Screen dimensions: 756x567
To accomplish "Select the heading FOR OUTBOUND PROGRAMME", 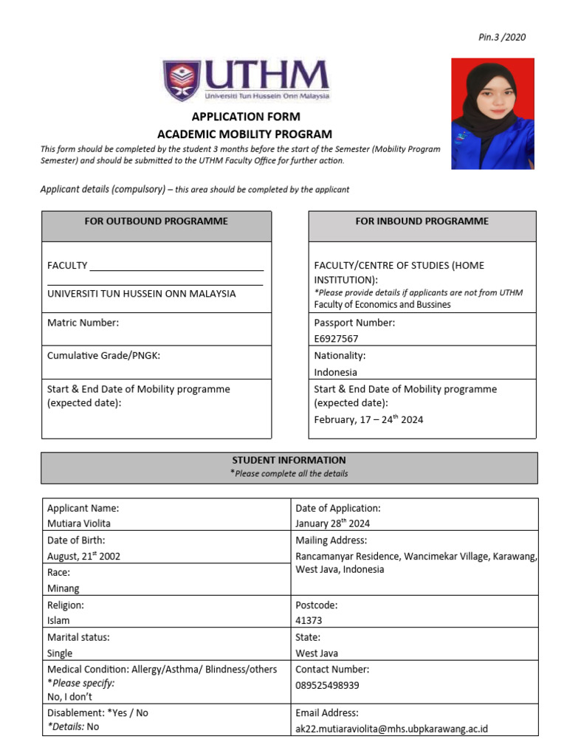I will click(x=157, y=221).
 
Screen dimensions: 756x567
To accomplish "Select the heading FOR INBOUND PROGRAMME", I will click(x=422, y=221).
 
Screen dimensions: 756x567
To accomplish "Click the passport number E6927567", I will click(x=337, y=339).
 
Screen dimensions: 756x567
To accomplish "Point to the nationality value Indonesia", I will click(x=335, y=372).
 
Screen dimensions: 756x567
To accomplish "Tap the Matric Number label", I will click(x=83, y=323).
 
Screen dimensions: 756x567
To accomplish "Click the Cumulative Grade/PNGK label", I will click(x=103, y=356).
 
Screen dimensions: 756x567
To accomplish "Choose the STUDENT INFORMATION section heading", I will click(x=289, y=460).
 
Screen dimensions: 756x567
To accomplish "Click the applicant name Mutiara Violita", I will click(x=79, y=523).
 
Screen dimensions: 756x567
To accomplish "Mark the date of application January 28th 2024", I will click(x=332, y=523).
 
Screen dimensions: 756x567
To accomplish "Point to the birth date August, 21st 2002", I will click(x=83, y=556).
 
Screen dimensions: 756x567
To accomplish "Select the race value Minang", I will click(x=63, y=588).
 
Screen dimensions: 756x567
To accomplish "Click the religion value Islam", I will click(x=58, y=621).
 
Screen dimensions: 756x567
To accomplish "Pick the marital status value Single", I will click(x=60, y=653).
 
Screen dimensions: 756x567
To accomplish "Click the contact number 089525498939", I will click(x=327, y=685).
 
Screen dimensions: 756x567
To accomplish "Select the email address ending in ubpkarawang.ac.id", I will click(x=391, y=729).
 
